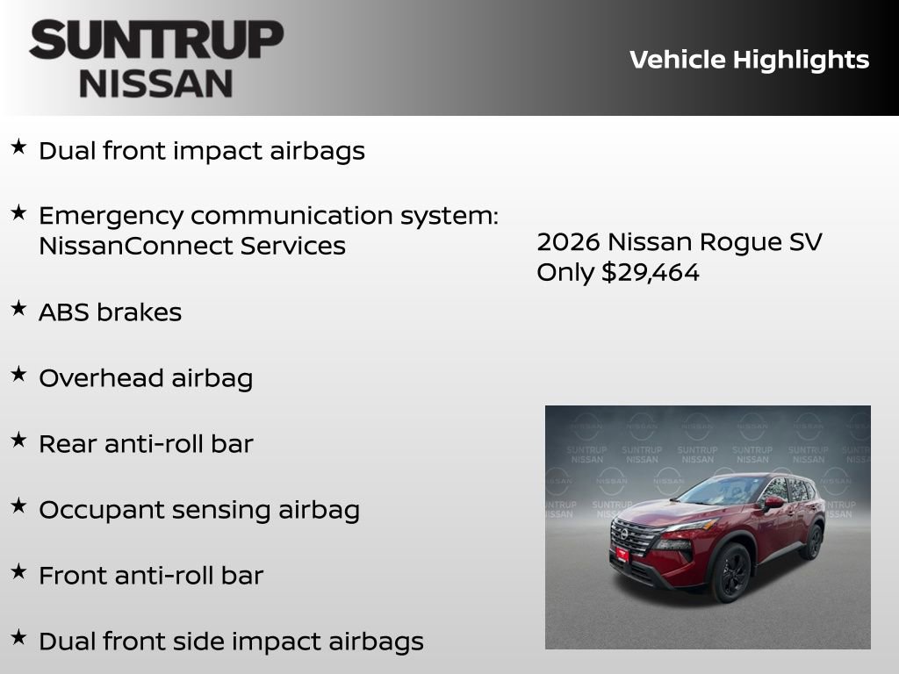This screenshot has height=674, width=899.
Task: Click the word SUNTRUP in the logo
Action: coord(156,41)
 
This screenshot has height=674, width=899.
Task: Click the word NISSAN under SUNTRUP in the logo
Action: coord(156,82)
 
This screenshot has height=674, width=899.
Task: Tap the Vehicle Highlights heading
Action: coord(749,60)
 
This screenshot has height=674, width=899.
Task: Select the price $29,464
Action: coord(651,272)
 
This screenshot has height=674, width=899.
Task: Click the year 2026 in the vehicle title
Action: coord(568,241)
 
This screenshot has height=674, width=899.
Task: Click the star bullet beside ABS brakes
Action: coord(18,308)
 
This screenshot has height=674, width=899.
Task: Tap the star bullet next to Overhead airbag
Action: coord(18,374)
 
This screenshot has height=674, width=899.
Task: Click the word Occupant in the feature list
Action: coord(95,510)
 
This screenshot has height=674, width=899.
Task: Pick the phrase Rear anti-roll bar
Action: coord(146,444)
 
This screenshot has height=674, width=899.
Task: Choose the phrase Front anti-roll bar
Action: coord(151,576)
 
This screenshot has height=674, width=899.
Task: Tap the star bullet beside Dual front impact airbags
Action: coord(18,147)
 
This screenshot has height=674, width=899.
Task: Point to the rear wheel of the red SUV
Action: coord(812,541)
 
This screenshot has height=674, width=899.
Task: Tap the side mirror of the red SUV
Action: coord(773,502)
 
